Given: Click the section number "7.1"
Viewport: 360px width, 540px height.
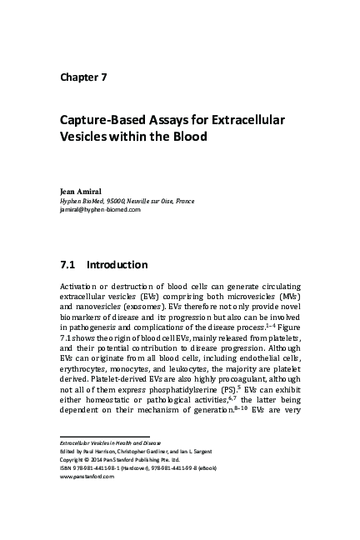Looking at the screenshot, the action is point(69,266).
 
